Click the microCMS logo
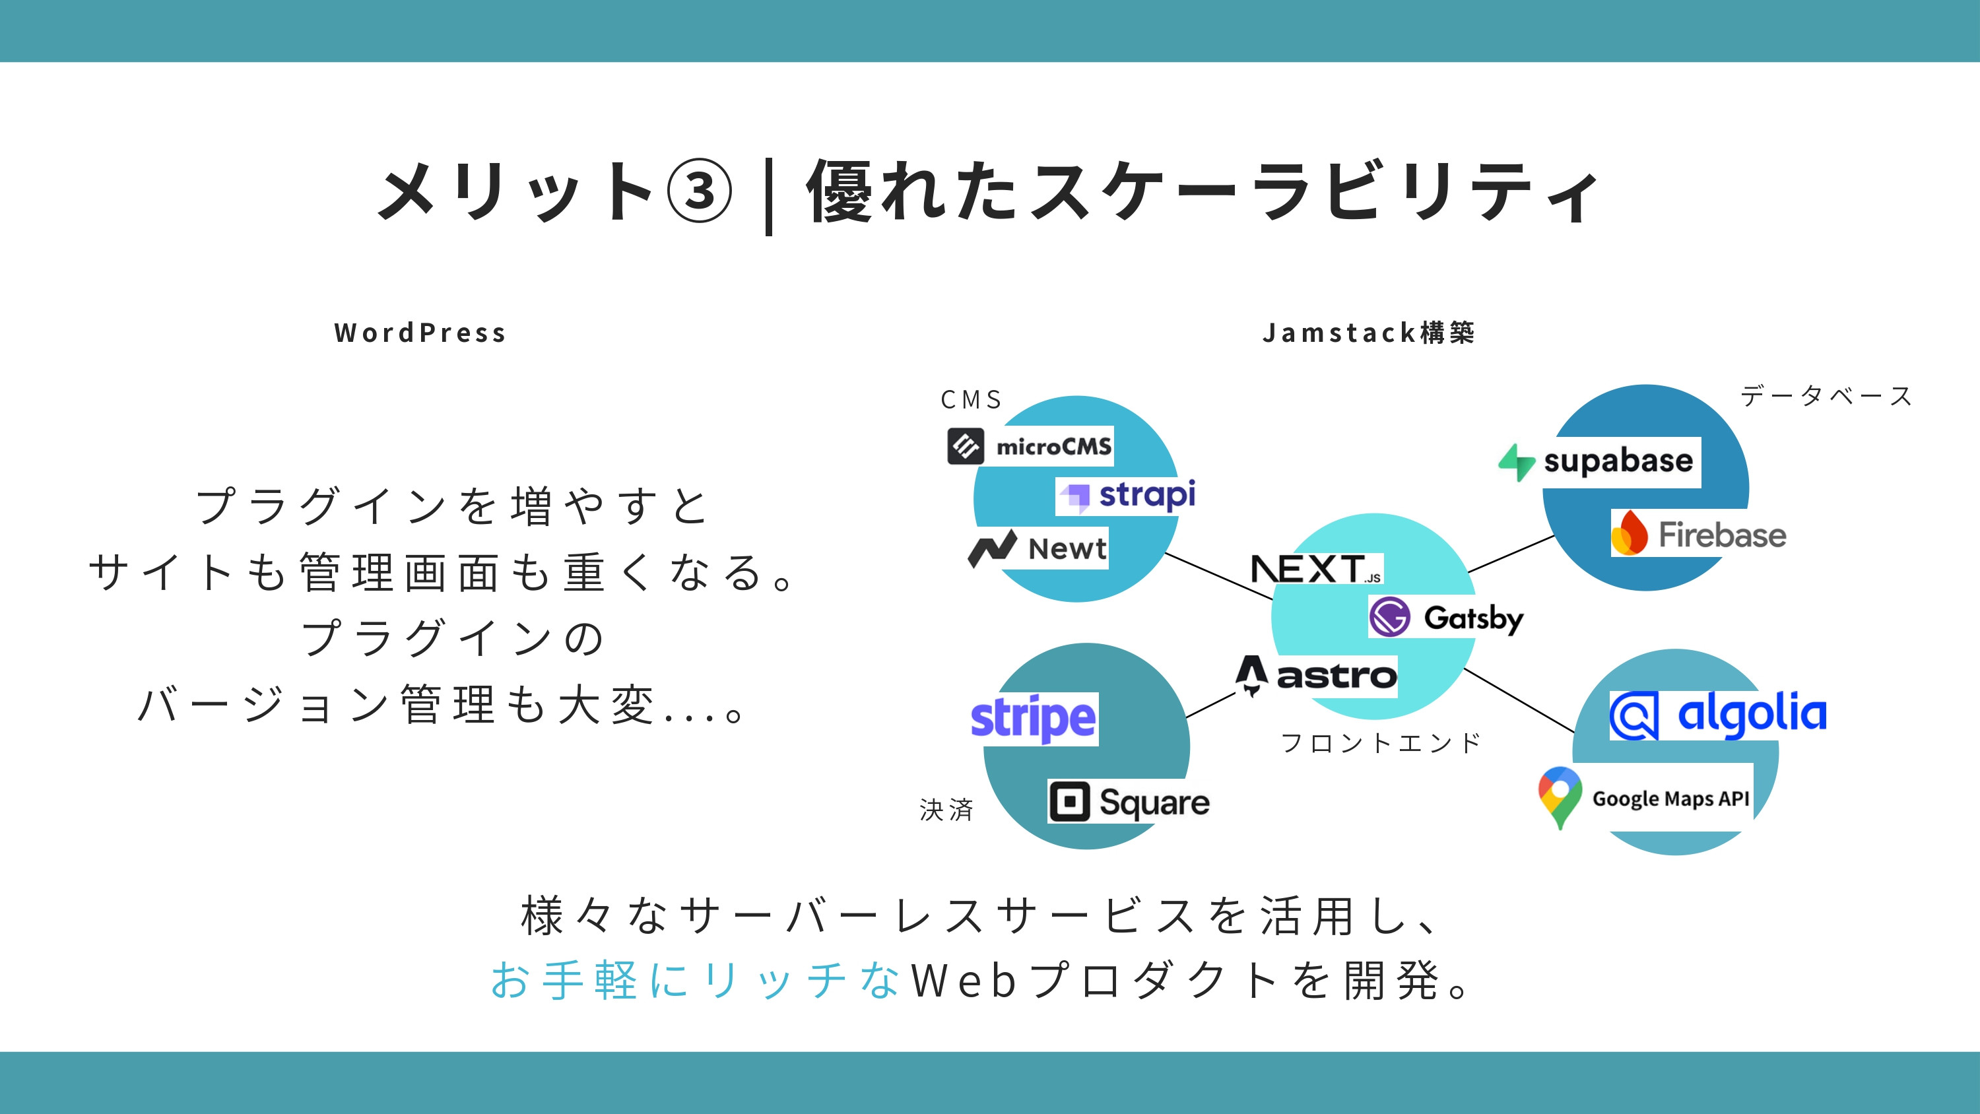(1030, 446)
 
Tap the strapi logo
(1127, 495)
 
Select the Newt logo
(1038, 548)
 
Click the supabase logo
(1599, 461)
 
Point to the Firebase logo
(1699, 533)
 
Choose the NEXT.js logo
(1316, 570)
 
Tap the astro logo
(1316, 676)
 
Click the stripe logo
(1034, 719)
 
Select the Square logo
(1129, 802)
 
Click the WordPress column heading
(420, 333)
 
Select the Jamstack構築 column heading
(1368, 333)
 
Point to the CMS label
(972, 400)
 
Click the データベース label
(1826, 396)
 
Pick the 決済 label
(947, 810)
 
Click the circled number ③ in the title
(699, 191)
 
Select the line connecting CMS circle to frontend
(1218, 576)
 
